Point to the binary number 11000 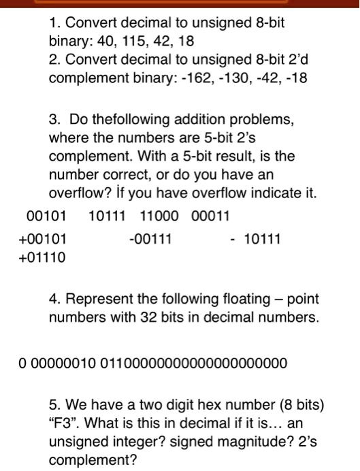[159, 217]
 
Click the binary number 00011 [211, 217]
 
